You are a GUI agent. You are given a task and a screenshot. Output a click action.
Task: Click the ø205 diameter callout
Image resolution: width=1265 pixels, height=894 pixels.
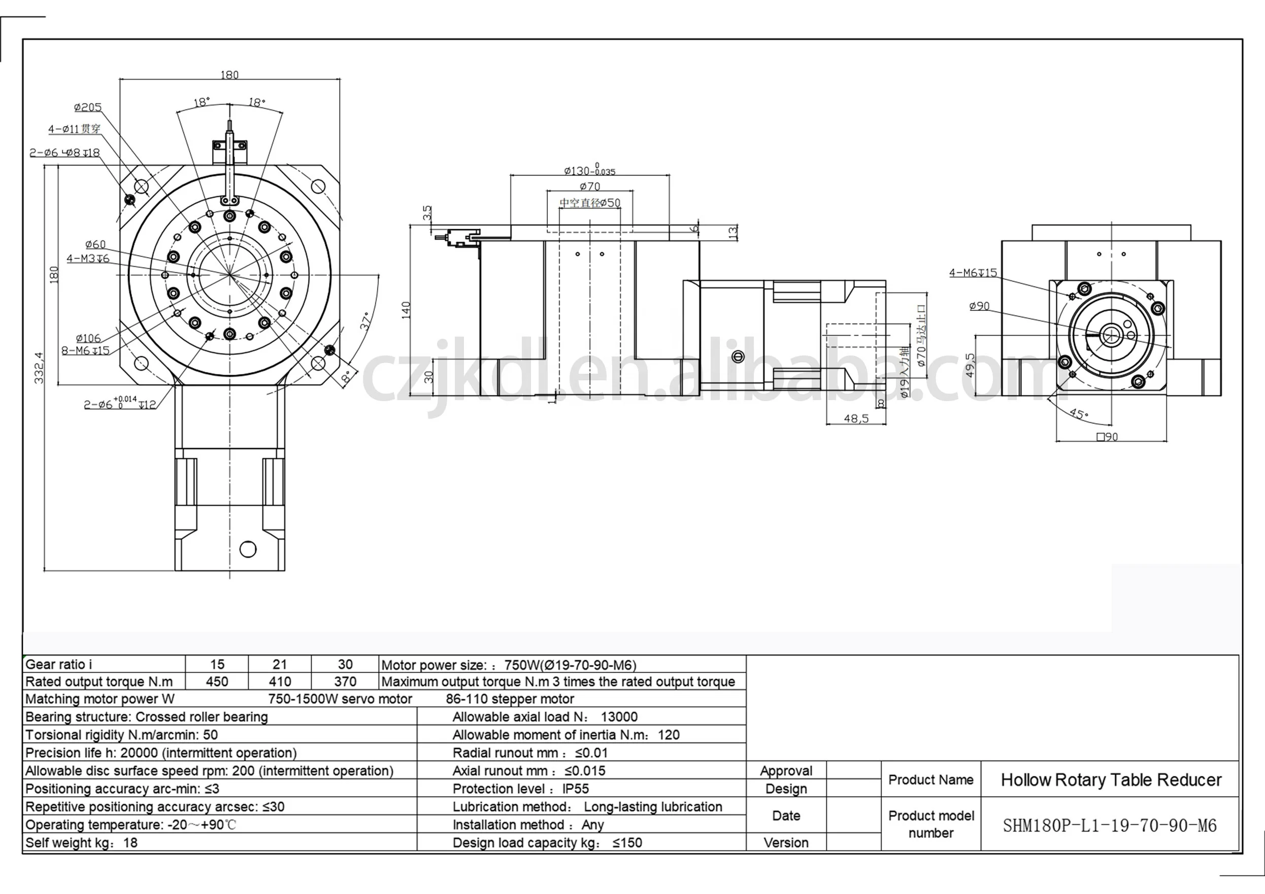[88, 108]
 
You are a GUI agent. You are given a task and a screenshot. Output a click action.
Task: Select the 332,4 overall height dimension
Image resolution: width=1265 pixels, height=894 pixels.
[39, 368]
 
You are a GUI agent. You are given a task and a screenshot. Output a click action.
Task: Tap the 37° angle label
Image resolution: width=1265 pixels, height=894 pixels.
[365, 321]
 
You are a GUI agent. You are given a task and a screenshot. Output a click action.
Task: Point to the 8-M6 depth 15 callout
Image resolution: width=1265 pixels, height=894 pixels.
[85, 351]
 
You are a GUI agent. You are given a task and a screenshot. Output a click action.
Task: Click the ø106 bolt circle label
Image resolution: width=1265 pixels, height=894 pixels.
[88, 338]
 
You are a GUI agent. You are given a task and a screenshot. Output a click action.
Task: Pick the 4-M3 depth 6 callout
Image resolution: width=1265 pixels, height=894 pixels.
[88, 258]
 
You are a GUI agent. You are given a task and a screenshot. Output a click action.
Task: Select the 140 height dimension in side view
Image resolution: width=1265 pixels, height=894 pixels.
[406, 310]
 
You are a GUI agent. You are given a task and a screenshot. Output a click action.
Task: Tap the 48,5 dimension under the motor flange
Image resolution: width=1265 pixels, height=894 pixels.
[856, 419]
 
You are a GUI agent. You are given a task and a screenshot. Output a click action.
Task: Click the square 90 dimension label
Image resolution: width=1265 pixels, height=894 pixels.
[1108, 437]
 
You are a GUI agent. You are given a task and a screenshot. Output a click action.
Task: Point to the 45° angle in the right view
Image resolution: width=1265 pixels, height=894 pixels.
[1079, 413]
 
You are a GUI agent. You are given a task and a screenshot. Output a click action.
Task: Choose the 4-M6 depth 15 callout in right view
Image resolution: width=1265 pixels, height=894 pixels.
[973, 272]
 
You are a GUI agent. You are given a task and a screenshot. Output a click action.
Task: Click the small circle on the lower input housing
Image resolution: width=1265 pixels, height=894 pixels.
[248, 549]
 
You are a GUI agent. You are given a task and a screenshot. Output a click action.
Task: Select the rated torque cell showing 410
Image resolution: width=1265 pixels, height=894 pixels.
[280, 682]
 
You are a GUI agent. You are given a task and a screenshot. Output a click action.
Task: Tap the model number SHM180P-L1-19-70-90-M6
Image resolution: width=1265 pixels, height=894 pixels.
[1110, 826]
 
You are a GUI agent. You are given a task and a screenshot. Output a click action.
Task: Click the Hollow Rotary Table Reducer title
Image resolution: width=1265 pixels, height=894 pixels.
[1111, 780]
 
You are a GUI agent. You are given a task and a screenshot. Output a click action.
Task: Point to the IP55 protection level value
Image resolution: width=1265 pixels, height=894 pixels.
[576, 789]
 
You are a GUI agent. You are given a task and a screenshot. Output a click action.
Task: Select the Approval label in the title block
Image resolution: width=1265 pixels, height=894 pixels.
[786, 771]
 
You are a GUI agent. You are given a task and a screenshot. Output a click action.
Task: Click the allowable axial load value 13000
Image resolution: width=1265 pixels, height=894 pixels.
[619, 717]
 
